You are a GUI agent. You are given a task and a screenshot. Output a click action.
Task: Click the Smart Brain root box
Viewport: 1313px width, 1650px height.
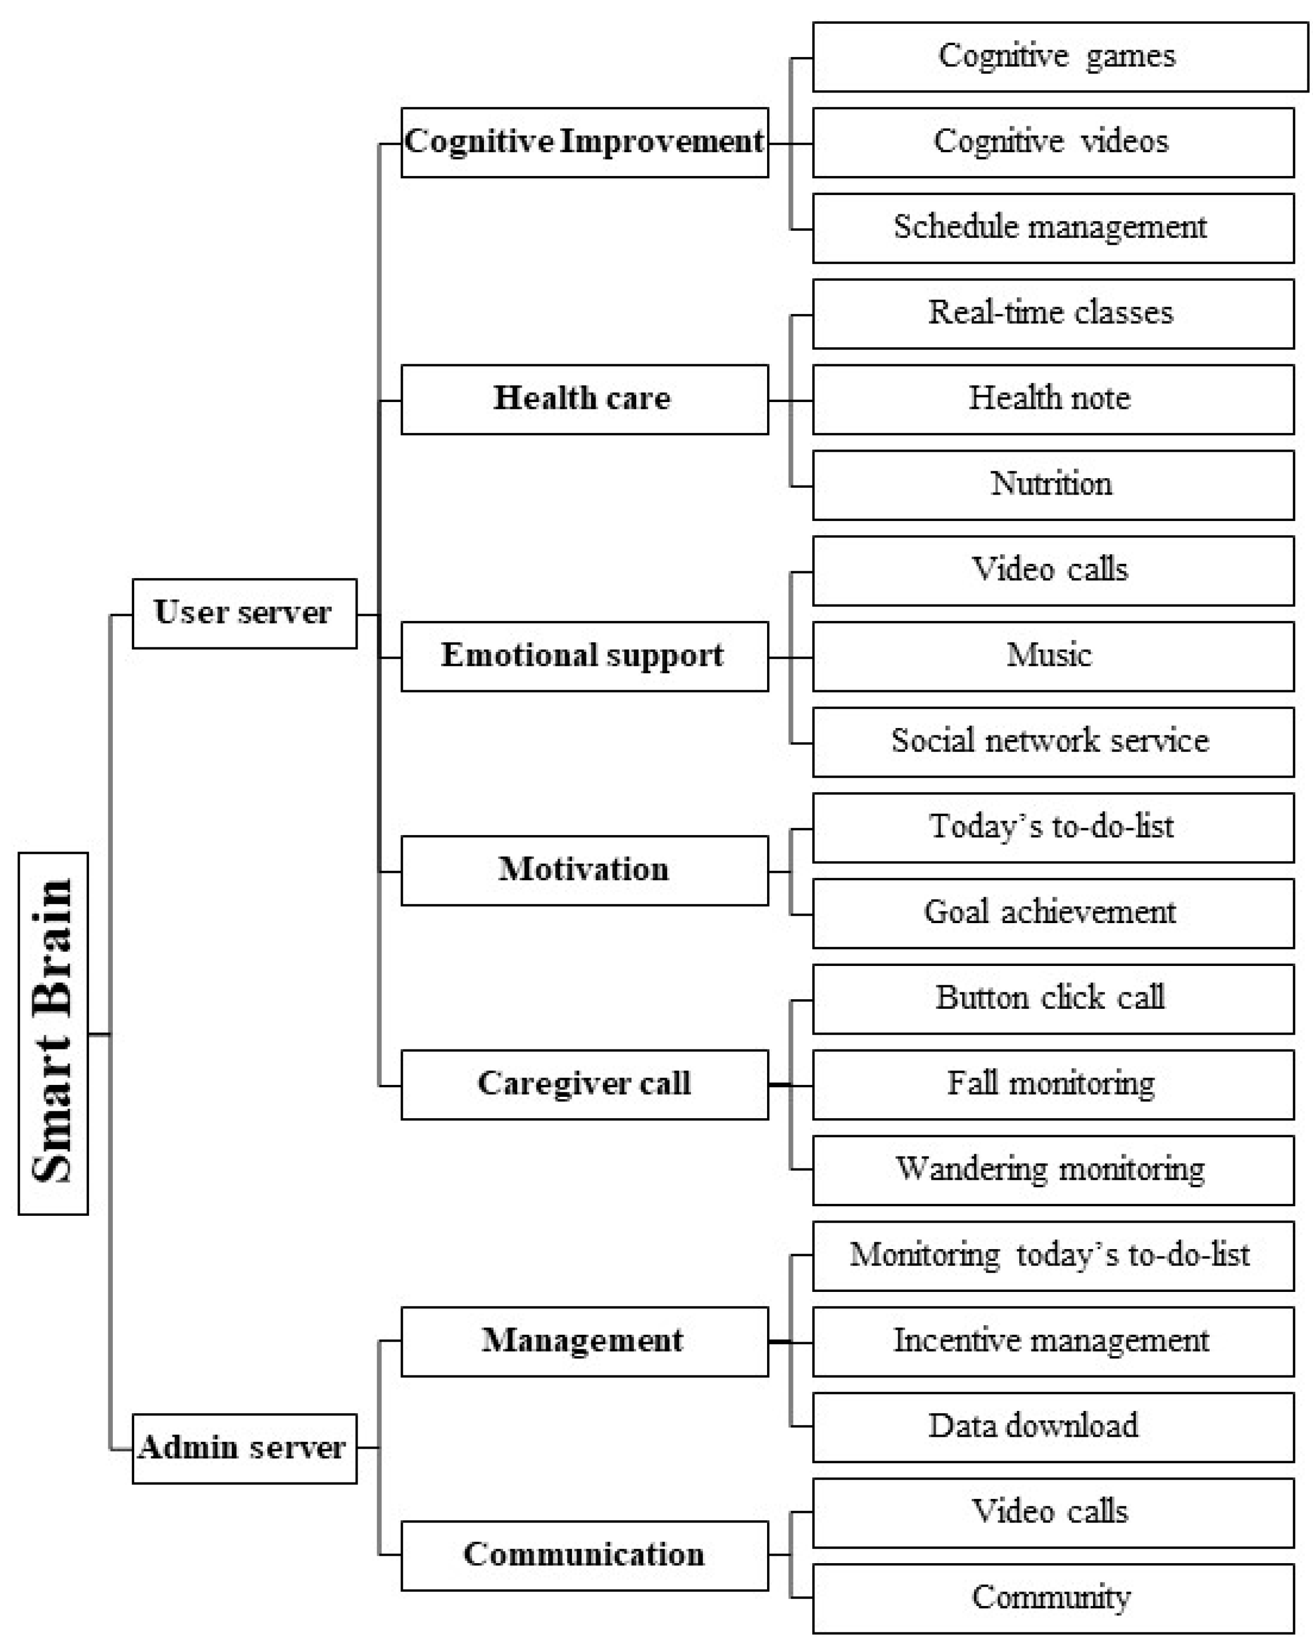pos(53,1033)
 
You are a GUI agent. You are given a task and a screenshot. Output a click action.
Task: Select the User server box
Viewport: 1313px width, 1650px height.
pos(244,613)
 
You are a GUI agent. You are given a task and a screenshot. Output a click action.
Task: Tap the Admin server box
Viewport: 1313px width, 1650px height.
pos(244,1448)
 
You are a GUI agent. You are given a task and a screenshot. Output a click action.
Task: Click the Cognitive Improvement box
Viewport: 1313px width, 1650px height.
pos(584,142)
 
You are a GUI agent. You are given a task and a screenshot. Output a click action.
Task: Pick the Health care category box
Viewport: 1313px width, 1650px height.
pos(584,399)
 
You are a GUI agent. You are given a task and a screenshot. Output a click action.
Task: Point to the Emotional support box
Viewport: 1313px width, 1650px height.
pos(584,656)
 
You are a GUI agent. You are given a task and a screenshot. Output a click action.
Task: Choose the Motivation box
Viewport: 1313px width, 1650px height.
pos(584,870)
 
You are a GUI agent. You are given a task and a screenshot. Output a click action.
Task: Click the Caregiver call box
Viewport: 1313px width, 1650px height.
pos(584,1084)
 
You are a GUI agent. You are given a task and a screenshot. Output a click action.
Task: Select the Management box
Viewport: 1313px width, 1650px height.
pos(584,1341)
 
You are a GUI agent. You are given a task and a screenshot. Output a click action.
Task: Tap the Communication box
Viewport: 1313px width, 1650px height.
pos(584,1555)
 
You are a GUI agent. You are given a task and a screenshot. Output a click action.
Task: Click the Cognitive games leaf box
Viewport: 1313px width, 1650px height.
pos(1060,56)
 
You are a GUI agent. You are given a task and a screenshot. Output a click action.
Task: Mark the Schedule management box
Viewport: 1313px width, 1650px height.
pos(1052,228)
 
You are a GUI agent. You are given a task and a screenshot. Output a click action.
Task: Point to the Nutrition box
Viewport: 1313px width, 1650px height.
pos(1052,485)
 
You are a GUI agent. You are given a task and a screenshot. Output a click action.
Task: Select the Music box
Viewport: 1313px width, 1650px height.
pos(1052,656)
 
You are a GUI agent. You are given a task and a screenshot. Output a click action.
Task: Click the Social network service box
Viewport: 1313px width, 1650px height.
pos(1052,742)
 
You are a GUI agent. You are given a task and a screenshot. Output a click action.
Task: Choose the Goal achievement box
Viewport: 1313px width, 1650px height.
pos(1052,913)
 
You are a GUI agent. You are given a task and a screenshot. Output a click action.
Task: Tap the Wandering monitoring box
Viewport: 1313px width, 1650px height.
pos(1052,1170)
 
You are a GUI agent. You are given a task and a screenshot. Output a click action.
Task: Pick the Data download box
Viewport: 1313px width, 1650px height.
pos(1052,1427)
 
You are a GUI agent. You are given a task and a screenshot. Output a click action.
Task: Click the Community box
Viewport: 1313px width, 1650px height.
pos(1052,1598)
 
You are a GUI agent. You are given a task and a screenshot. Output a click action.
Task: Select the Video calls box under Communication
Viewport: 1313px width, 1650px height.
pos(1052,1512)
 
